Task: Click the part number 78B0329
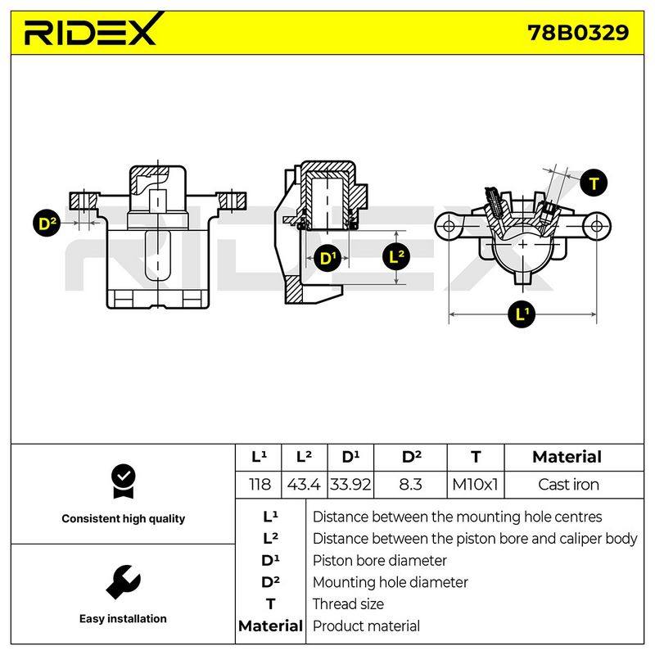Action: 578,33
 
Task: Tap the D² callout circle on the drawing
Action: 47,223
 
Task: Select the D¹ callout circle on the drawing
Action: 327,258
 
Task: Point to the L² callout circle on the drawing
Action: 396,256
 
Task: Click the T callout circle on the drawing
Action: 594,183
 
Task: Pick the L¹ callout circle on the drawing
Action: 522,314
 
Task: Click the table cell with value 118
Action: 260,485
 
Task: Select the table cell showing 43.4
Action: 304,485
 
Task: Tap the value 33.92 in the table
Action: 350,485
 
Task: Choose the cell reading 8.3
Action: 410,485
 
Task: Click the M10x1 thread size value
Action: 475,485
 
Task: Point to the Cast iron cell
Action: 568,485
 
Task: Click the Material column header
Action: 567,457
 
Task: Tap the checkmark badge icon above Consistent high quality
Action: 124,481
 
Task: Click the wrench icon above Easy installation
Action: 124,582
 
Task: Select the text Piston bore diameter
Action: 380,561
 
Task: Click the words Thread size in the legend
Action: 348,604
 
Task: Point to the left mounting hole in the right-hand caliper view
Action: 449,227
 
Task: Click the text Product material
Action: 366,626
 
